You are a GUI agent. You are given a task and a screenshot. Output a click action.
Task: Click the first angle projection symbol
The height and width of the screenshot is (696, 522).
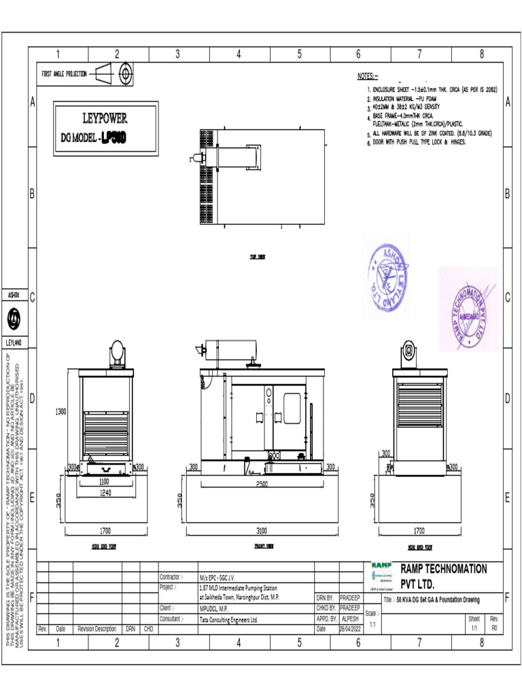[x=117, y=74]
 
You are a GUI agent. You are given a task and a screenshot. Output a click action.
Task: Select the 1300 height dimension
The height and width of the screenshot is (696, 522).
[x=61, y=411]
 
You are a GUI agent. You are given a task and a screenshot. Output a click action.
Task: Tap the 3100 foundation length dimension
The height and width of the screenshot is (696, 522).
[x=262, y=529]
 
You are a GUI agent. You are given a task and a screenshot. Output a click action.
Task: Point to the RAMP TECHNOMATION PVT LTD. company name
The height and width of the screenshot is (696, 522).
[x=443, y=576]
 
